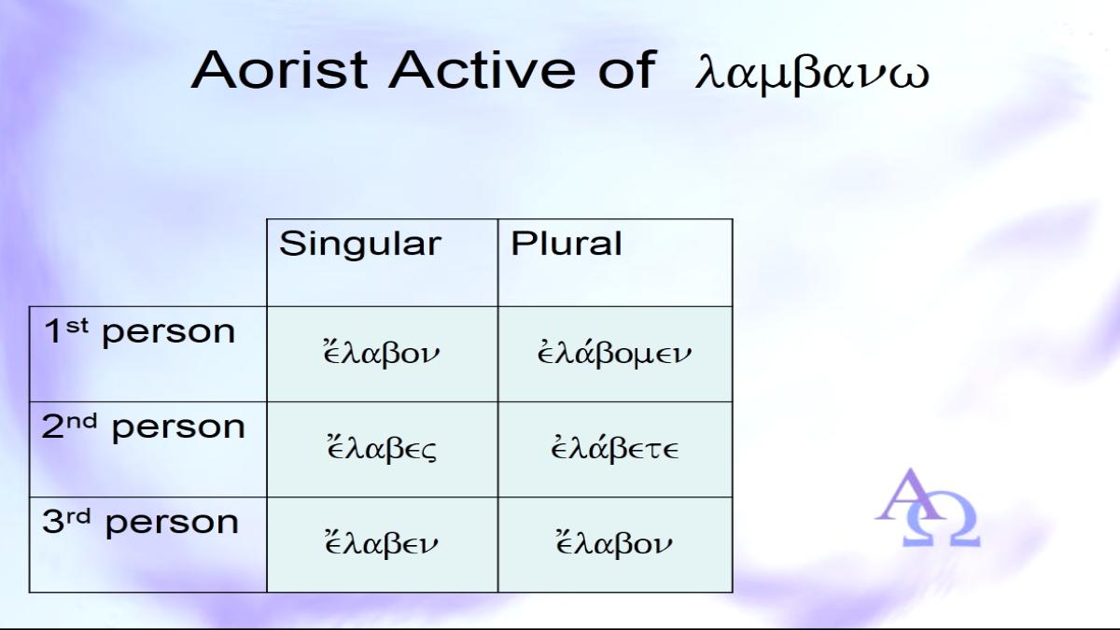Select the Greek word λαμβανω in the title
point(812,74)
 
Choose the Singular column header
point(360,244)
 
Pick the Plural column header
point(566,243)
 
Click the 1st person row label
point(139,331)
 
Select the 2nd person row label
point(144,427)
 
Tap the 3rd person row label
point(141,522)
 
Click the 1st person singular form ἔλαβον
point(381,353)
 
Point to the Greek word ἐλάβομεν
point(614,353)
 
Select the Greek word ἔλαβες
point(381,447)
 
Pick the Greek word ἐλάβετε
point(614,447)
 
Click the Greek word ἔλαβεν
point(381,543)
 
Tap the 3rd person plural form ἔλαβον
point(614,543)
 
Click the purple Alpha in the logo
point(911,495)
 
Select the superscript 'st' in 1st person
point(77,326)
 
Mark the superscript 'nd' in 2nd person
point(82,421)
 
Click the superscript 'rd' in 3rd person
point(79,516)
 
